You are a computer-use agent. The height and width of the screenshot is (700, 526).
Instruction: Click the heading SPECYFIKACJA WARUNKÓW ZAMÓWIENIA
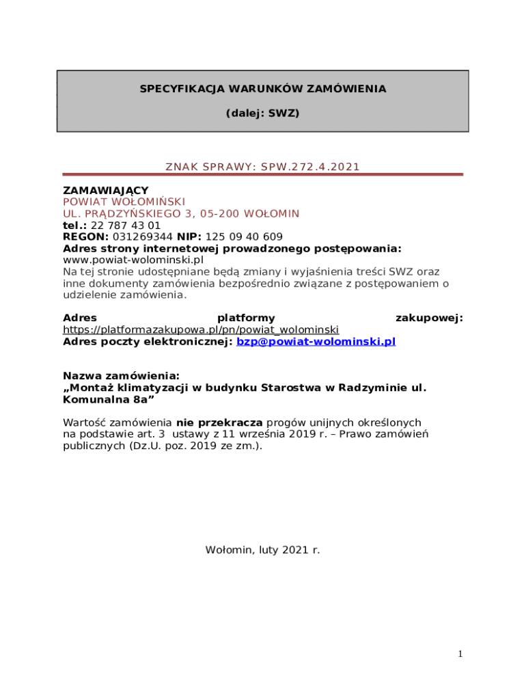click(x=263, y=89)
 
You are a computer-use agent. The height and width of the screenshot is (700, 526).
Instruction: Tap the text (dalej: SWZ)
click(x=263, y=113)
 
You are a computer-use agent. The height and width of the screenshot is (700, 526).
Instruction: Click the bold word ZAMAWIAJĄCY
click(x=106, y=190)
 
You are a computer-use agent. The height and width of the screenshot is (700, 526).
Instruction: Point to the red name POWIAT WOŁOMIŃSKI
click(x=124, y=202)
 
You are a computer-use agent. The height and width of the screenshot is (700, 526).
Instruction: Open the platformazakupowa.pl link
click(x=201, y=330)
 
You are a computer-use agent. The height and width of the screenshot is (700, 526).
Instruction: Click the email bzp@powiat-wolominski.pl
click(x=316, y=342)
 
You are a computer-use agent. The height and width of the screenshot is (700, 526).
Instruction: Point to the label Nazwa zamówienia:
click(x=122, y=376)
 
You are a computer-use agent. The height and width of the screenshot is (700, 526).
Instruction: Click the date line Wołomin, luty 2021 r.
click(x=263, y=550)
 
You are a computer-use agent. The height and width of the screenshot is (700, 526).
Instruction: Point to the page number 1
click(x=460, y=655)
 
